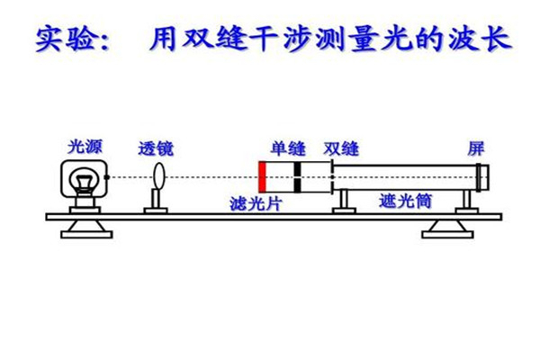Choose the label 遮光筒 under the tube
tap(405, 202)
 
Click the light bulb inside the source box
tap(85, 178)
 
